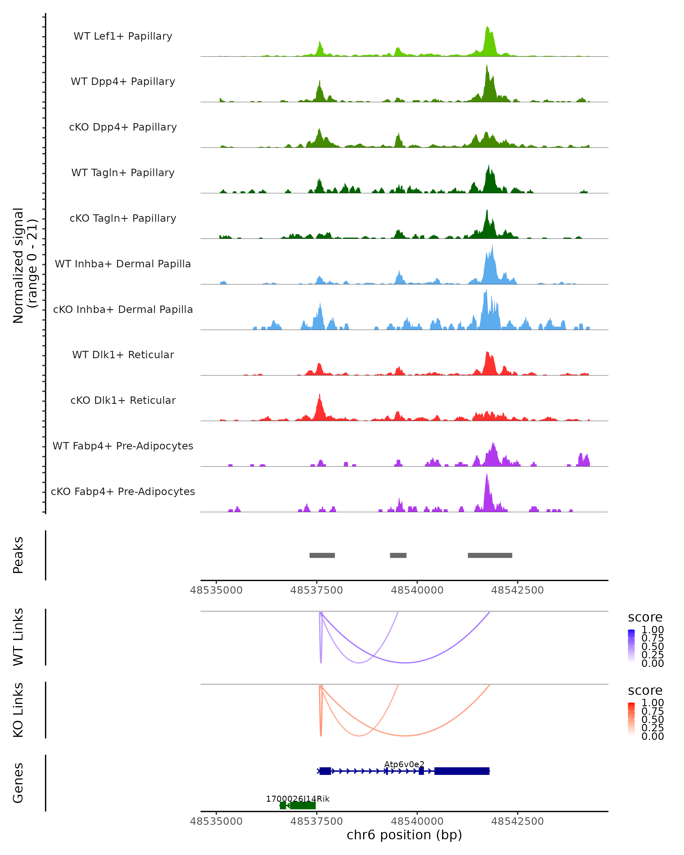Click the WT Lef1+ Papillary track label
click(123, 36)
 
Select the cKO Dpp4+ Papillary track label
click(123, 127)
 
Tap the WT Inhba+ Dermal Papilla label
click(123, 264)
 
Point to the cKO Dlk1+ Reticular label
click(123, 400)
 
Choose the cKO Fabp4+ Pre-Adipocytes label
click(123, 492)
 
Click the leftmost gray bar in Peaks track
click(322, 555)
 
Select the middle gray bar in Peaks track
click(398, 555)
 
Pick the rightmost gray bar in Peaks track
click(490, 555)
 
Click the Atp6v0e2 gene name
click(404, 764)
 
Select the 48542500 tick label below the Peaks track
click(518, 590)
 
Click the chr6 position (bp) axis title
click(404, 835)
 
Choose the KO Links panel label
click(18, 710)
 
